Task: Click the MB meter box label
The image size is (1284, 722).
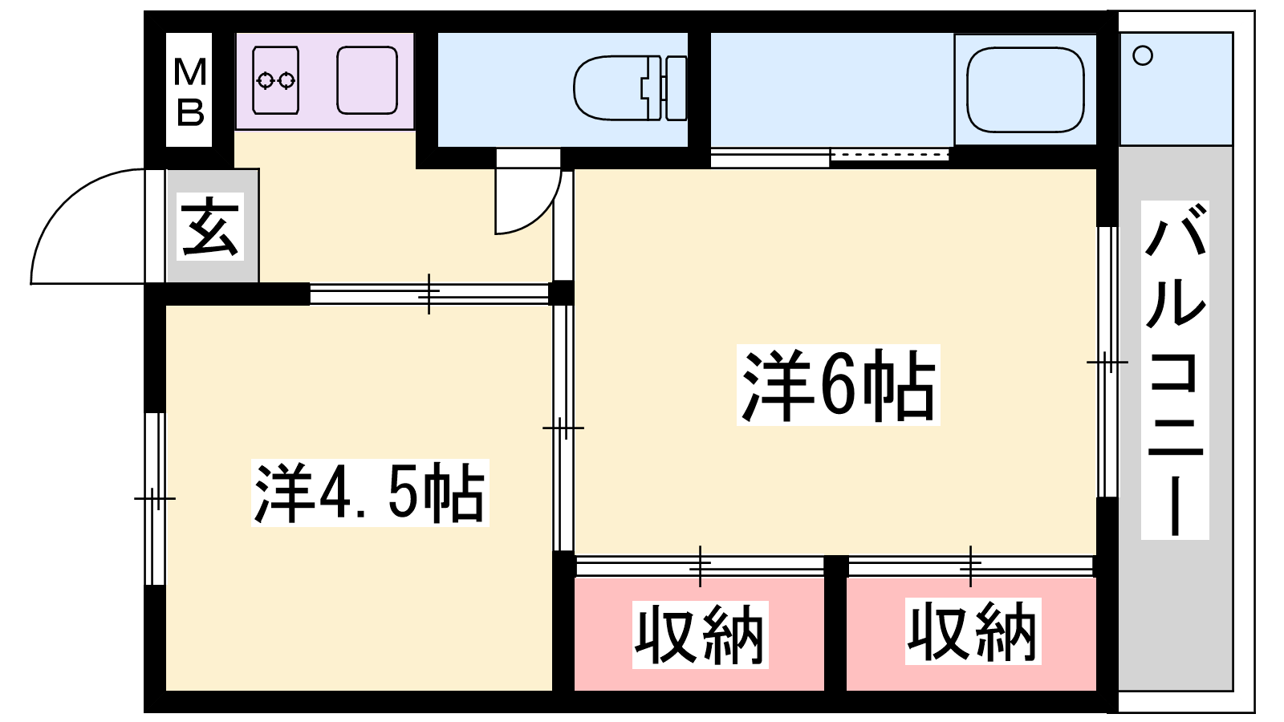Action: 189,91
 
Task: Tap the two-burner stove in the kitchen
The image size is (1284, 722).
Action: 275,80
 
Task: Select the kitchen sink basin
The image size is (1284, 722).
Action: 367,80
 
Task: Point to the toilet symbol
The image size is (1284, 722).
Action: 629,87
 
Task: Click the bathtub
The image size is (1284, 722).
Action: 1025,89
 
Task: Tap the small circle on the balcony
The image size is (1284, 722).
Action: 1143,55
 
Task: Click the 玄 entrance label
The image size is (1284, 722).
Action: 209,226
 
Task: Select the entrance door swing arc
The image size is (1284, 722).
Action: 87,226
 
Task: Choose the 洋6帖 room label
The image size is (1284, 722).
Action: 838,385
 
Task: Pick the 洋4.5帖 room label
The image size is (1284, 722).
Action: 370,493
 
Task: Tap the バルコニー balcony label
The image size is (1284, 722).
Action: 1175,370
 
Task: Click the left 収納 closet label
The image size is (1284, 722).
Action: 700,635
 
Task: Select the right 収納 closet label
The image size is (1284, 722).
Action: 973,631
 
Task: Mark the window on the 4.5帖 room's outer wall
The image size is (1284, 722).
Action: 155,498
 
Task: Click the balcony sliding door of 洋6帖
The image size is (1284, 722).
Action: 1107,362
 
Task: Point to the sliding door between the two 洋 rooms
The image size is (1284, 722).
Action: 563,428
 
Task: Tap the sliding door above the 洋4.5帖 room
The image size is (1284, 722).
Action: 429,294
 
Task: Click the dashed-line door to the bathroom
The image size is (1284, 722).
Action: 889,154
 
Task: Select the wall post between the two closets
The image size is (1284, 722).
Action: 835,623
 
